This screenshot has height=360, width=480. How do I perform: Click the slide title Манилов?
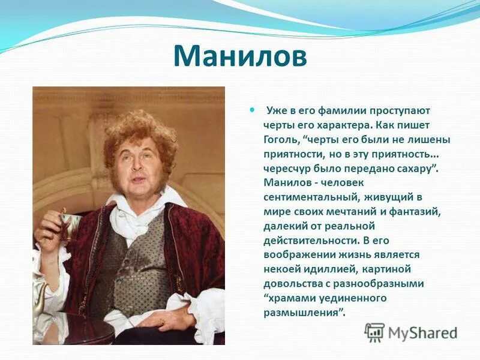(240, 56)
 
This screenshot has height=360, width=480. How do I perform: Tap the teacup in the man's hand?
(69, 222)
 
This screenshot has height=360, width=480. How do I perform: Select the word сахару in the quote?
(413, 168)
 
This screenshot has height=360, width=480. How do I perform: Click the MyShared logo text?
(422, 332)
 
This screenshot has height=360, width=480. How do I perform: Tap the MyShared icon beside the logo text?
(374, 332)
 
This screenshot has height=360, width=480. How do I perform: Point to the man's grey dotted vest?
(141, 264)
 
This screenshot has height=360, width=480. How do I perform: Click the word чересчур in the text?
(286, 168)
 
